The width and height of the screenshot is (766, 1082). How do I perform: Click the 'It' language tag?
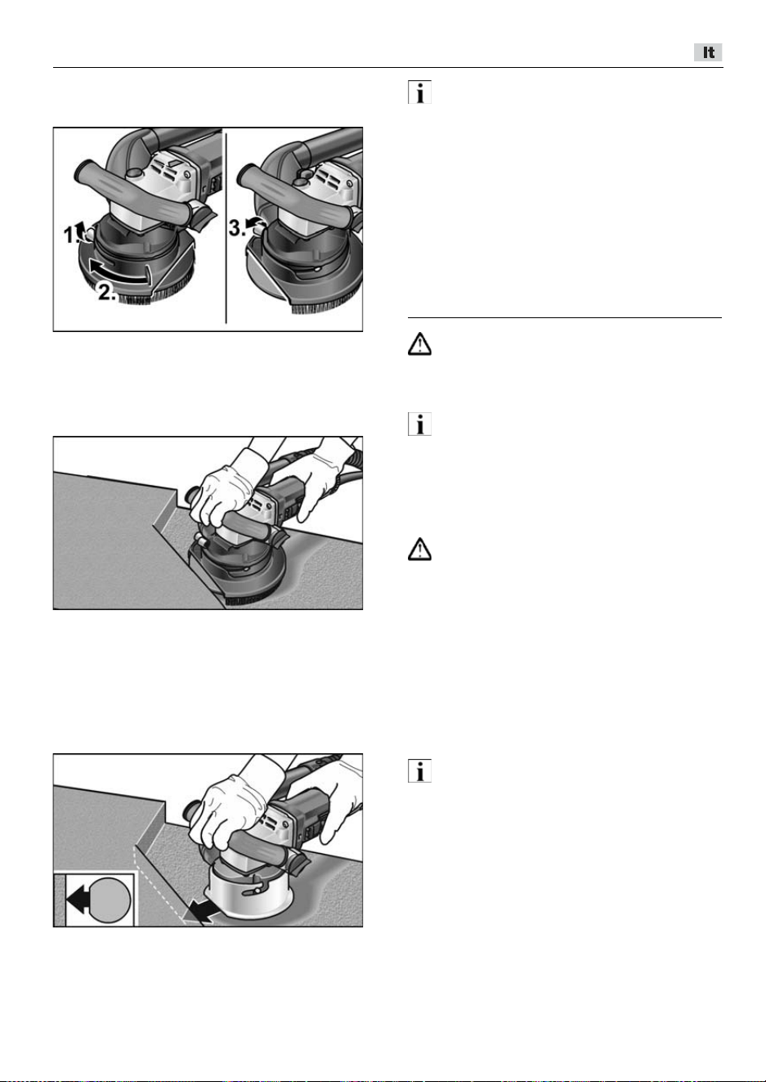[708, 52]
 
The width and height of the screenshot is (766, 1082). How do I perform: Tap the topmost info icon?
[419, 92]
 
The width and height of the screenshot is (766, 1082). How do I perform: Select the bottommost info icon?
[419, 770]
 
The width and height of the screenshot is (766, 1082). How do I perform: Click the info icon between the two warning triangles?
[419, 424]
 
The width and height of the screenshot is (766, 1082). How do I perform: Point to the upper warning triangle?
[419, 344]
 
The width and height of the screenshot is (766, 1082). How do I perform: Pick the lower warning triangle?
[419, 549]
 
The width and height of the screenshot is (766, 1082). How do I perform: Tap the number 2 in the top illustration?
[105, 291]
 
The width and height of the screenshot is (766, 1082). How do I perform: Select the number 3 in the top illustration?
[236, 227]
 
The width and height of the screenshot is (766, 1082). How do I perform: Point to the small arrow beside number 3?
[253, 222]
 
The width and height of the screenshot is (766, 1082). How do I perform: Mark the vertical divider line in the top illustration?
[226, 226]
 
